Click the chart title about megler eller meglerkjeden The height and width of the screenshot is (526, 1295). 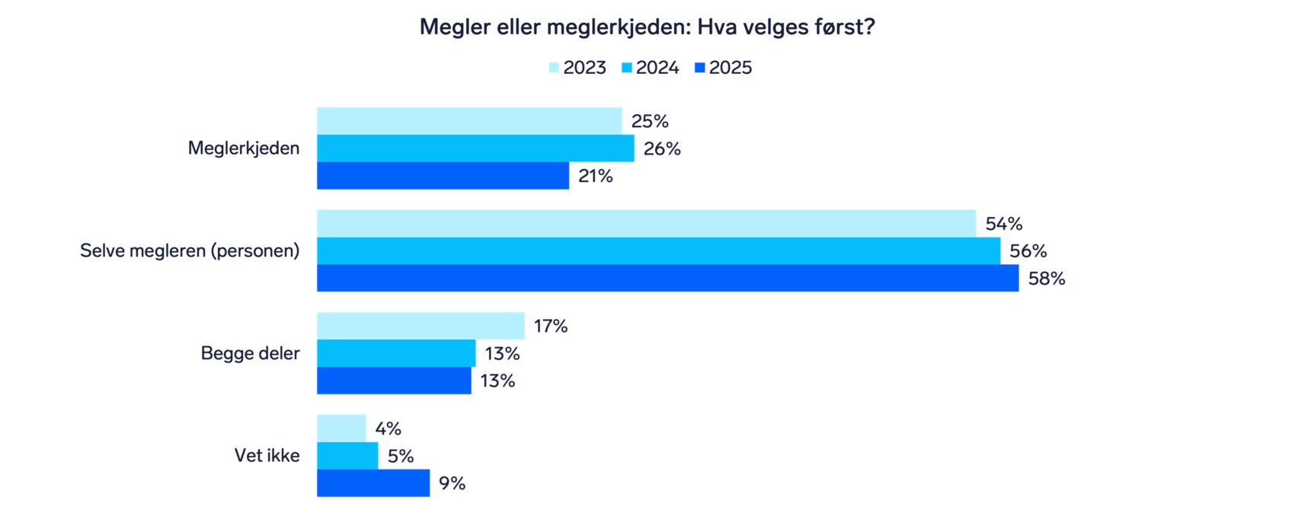pos(647,27)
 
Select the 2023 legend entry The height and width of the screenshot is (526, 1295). pos(577,68)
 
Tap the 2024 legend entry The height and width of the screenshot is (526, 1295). pos(650,68)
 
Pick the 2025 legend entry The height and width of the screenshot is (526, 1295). pos(723,68)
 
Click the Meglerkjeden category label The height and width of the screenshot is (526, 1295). pos(244,148)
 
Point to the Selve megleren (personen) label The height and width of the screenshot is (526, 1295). pos(190,250)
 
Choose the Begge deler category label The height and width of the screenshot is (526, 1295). pos(250,353)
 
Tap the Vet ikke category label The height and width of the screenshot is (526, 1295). pos(267,456)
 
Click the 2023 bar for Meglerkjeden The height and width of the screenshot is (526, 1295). pos(469,121)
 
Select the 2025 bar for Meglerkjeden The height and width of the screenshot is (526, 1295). pos(443,176)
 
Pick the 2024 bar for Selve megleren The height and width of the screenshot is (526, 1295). pos(658,251)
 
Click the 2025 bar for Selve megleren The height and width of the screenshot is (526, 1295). pos(667,279)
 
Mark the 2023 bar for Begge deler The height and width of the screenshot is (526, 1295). pos(420,326)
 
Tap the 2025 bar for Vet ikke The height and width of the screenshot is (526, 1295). pos(373,483)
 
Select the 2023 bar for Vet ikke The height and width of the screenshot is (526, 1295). pos(341,429)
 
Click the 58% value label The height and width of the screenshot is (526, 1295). pos(1047,279)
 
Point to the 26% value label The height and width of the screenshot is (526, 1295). pos(662,149)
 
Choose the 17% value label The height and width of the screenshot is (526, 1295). pos(551,327)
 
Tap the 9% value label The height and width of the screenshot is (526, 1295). pos(452,484)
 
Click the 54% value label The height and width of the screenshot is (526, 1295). pos(1004,225)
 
